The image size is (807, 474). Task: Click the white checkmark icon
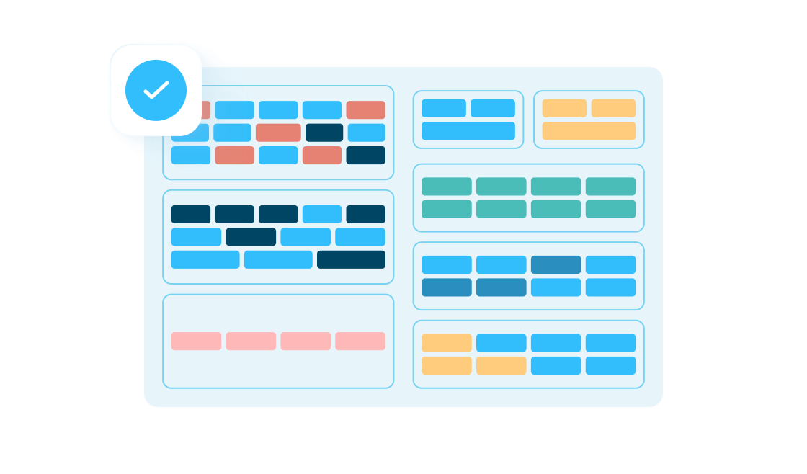click(x=156, y=90)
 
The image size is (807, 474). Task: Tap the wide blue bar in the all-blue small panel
click(x=468, y=131)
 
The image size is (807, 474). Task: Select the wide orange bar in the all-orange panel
click(x=589, y=131)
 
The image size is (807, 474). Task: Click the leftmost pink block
click(x=196, y=341)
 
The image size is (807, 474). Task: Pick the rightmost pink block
click(x=360, y=341)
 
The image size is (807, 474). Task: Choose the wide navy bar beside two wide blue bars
click(x=351, y=259)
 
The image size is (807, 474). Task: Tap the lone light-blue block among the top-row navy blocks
click(x=322, y=214)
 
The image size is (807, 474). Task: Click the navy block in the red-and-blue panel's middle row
click(x=324, y=133)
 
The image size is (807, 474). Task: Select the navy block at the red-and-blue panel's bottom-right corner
click(x=366, y=156)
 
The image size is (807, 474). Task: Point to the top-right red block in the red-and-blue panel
click(x=366, y=109)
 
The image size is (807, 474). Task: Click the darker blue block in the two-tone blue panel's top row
click(x=556, y=264)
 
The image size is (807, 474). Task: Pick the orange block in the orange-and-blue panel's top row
click(x=447, y=343)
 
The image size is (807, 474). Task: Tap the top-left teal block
click(x=447, y=187)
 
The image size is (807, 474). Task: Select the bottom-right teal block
click(x=610, y=209)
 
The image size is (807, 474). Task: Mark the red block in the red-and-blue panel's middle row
click(x=278, y=133)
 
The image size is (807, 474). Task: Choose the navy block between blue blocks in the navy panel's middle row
click(x=251, y=237)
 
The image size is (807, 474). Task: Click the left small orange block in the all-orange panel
click(x=564, y=108)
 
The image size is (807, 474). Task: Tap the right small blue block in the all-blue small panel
click(x=493, y=108)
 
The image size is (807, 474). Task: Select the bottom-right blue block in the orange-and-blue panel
click(x=610, y=365)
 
